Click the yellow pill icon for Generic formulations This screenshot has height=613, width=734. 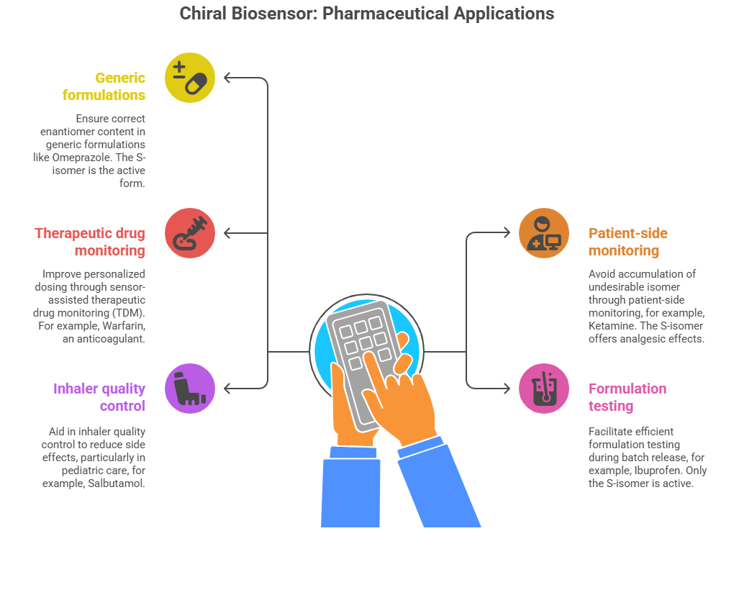[190, 78]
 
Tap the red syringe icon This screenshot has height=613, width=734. [190, 233]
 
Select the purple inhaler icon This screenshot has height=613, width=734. [190, 389]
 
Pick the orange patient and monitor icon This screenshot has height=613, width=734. [544, 233]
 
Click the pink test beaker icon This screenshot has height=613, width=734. [544, 389]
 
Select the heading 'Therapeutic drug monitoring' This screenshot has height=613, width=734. [90, 242]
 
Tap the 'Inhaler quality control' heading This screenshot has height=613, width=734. [99, 397]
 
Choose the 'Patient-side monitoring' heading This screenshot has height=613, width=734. [627, 242]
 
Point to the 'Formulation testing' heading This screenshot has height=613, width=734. [627, 397]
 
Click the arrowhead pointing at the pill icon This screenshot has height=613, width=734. [228, 78]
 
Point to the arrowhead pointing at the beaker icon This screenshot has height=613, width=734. [506, 389]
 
